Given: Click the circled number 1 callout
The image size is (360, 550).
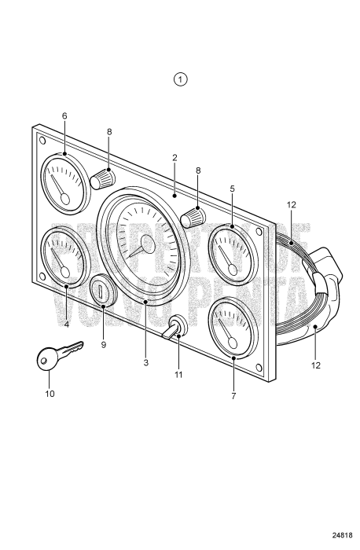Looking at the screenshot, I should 182,79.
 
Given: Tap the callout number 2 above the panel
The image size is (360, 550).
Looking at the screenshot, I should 174,158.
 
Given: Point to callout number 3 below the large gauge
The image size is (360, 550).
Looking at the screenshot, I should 145,362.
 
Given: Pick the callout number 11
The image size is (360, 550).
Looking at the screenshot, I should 178,375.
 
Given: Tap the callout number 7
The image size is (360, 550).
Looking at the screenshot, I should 233,397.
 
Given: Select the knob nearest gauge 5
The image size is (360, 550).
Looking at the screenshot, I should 191,217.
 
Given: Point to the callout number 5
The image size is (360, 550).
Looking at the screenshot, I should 233,189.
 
